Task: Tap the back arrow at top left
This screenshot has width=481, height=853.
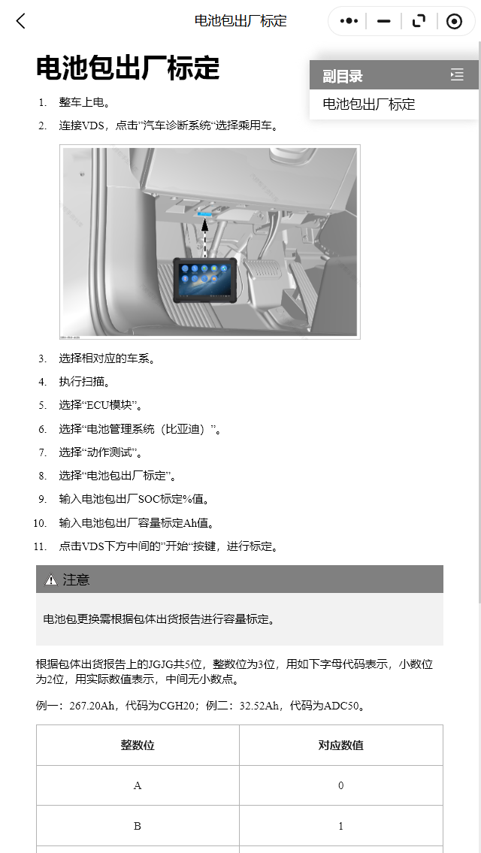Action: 21,21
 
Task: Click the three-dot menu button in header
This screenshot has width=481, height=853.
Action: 349,21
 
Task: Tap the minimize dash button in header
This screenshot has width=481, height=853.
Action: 384,21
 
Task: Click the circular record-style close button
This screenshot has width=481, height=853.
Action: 454,21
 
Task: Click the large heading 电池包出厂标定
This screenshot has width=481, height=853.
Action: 128,68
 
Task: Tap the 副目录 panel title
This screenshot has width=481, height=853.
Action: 343,76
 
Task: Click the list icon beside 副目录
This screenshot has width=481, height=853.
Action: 457,74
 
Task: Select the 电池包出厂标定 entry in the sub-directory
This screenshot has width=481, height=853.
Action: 369,104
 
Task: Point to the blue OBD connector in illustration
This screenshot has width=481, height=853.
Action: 205,213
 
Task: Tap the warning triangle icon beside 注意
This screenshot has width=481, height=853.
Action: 51,579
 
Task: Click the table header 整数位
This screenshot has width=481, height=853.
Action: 138,745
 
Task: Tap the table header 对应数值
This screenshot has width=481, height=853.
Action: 340,745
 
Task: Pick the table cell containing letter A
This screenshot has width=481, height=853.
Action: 138,785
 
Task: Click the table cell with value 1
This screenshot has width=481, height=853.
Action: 340,826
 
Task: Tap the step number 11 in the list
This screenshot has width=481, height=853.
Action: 41,546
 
